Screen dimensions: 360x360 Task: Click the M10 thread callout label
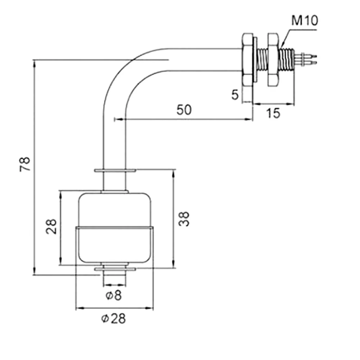(304, 21)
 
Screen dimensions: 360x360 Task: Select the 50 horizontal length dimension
(184, 110)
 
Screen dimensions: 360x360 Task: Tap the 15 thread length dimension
(273, 113)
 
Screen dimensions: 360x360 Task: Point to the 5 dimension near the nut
(235, 95)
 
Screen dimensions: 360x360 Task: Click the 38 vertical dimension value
(184, 219)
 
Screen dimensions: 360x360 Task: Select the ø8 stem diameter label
(114, 296)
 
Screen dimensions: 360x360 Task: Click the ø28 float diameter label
(114, 319)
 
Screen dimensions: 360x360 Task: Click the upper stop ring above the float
(114, 170)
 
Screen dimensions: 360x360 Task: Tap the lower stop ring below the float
(114, 269)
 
